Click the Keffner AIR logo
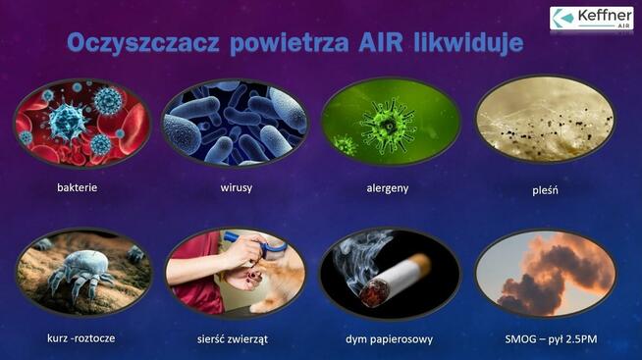(591, 19)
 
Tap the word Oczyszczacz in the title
(143, 44)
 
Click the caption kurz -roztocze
(81, 337)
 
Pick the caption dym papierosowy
(390, 337)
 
